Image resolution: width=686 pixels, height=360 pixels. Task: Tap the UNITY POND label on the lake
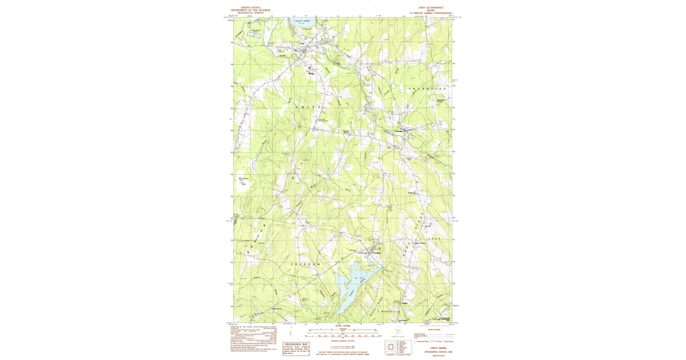(302, 21)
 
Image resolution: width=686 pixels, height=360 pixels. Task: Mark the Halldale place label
(405, 303)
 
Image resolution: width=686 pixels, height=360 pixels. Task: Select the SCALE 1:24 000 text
(343, 327)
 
